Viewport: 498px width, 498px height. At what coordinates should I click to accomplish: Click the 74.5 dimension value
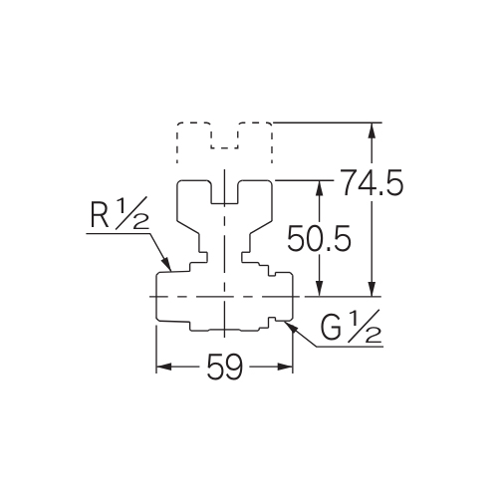pyautogui.click(x=373, y=182)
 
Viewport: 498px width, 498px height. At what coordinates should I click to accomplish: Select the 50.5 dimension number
pyautogui.click(x=319, y=238)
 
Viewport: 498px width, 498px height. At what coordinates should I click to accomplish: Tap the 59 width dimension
pyautogui.click(x=225, y=367)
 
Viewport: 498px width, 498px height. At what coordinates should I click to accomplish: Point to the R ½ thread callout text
pyautogui.click(x=120, y=214)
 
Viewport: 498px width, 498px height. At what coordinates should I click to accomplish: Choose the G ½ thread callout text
pyautogui.click(x=351, y=327)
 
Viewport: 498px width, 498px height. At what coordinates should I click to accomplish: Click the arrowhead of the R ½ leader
pyautogui.click(x=167, y=264)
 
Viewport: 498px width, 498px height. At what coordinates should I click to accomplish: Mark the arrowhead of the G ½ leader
pyautogui.click(x=291, y=326)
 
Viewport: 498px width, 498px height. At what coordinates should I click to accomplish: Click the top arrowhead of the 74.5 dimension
pyautogui.click(x=373, y=130)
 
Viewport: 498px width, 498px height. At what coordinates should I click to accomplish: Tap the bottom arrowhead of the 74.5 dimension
pyautogui.click(x=373, y=288)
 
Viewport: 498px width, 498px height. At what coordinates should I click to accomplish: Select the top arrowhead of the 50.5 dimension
pyautogui.click(x=320, y=188)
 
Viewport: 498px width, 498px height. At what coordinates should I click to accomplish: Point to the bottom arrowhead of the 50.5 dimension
pyautogui.click(x=320, y=288)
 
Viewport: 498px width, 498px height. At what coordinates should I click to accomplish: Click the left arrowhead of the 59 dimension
pyautogui.click(x=164, y=367)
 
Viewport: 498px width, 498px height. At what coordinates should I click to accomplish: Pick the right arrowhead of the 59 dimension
pyautogui.click(x=285, y=367)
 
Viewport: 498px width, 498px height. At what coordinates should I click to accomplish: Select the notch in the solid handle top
pyautogui.click(x=225, y=192)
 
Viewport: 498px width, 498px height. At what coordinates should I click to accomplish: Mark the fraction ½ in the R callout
pyautogui.click(x=132, y=213)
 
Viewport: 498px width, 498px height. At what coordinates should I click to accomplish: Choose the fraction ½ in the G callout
pyautogui.click(x=365, y=326)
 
